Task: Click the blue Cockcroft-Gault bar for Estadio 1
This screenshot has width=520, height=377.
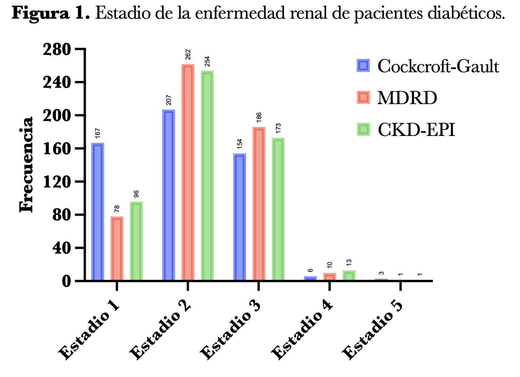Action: [x=98, y=212]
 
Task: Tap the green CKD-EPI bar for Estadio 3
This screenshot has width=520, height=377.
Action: [x=278, y=209]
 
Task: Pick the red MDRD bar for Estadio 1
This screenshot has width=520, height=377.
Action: [x=117, y=249]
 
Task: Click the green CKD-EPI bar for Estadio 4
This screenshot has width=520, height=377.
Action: [x=349, y=276]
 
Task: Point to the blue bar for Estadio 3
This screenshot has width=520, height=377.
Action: [x=240, y=217]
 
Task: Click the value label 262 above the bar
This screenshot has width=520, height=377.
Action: [x=188, y=55]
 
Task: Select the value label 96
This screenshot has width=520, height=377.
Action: [x=136, y=194]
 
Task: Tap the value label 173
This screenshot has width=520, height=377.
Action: [x=279, y=128]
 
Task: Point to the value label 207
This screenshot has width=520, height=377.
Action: [x=169, y=100]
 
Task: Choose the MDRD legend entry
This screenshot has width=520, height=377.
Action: [x=407, y=98]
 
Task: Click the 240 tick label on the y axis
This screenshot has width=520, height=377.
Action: [x=57, y=82]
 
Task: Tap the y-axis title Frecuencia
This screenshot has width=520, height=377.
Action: [x=26, y=165]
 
